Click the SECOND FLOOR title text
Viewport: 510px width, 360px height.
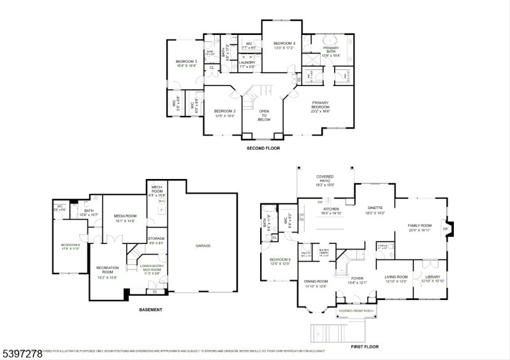pos(264,148)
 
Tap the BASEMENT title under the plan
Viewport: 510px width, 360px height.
pos(150,310)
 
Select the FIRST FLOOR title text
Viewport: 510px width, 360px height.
pos(365,347)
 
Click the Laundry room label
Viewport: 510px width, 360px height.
pos(247,64)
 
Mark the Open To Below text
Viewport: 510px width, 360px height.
pos(264,115)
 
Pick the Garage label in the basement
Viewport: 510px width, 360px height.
pos(203,245)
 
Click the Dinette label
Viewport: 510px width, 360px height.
pos(375,208)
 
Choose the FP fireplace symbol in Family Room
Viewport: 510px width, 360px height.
pos(446,229)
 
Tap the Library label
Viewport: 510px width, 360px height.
pos(432,278)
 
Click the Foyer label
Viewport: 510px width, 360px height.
pos(356,278)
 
